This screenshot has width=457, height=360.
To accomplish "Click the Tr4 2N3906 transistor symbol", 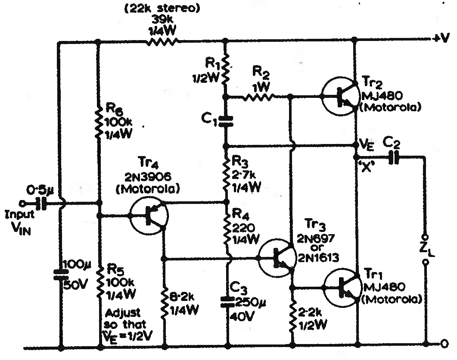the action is click(148, 215).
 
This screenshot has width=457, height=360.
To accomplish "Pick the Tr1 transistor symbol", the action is click(342, 288).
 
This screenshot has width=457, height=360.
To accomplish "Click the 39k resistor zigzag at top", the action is click(162, 42).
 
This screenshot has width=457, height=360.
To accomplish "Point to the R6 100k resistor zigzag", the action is click(99, 122).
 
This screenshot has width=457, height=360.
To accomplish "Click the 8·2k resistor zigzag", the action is click(165, 302).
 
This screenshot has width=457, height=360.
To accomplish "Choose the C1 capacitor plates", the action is click(226, 121).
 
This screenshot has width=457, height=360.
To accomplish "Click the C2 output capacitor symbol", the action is click(394, 158).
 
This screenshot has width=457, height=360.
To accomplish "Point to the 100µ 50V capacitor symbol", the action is click(61, 275).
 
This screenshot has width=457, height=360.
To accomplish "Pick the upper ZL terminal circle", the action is click(425, 236).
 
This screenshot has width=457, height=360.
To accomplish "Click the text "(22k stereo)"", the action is click(162, 9).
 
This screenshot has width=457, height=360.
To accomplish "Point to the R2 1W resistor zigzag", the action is click(258, 97).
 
